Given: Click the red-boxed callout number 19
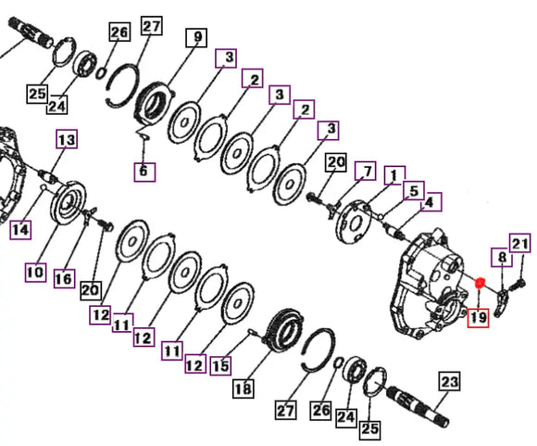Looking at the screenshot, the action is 478,317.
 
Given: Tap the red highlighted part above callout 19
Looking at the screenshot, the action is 480,283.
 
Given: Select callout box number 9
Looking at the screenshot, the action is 196,37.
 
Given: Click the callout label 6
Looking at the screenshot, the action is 144,172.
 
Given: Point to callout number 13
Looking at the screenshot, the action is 67,139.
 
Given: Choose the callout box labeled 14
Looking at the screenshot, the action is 20,230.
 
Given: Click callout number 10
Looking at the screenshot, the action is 35,273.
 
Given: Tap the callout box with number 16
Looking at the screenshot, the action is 65,278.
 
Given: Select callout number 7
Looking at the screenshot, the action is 366,171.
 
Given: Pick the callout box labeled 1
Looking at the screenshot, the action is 394,175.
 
